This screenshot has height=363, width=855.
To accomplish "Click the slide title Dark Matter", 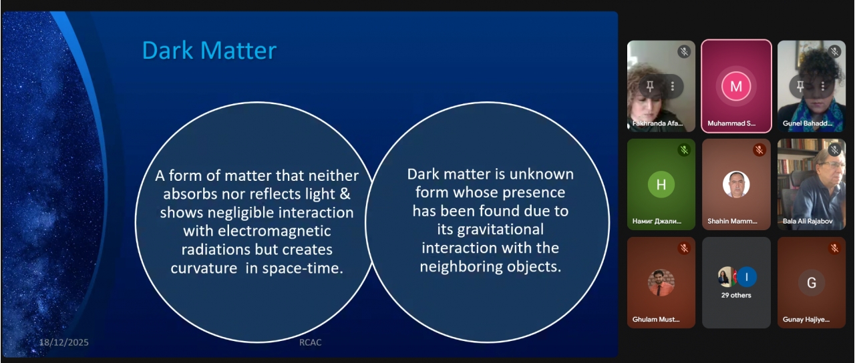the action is coord(209,50).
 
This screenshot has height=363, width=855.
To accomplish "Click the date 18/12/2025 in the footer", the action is coord(63,342).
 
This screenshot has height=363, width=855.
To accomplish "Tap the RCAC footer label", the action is coord(310,342).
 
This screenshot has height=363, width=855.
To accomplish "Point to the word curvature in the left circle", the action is coord(204,268).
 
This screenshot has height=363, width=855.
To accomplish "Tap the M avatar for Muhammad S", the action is coord(736,86).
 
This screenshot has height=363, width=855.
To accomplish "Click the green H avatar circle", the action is coord(661,185).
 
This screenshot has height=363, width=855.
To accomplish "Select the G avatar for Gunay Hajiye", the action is coord(812,282).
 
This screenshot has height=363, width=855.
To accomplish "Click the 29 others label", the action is coord(736,295).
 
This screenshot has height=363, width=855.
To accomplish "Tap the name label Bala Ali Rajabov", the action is coord(808,221).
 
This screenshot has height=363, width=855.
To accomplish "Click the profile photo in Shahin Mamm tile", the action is coord(736,185).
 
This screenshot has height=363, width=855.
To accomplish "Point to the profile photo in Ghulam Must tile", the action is coord(661,282).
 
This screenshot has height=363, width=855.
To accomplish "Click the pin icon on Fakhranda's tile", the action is coord(650,86).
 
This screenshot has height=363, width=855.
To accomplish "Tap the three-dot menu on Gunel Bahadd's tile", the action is coord(823,86).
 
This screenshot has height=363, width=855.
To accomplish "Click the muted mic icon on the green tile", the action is coord(684,150).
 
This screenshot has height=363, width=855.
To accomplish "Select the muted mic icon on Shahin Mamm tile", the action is coord(759,150).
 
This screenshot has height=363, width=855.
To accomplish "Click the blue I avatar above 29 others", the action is coord(747,277).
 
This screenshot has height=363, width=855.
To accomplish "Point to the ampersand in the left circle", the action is coord(345,194).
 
